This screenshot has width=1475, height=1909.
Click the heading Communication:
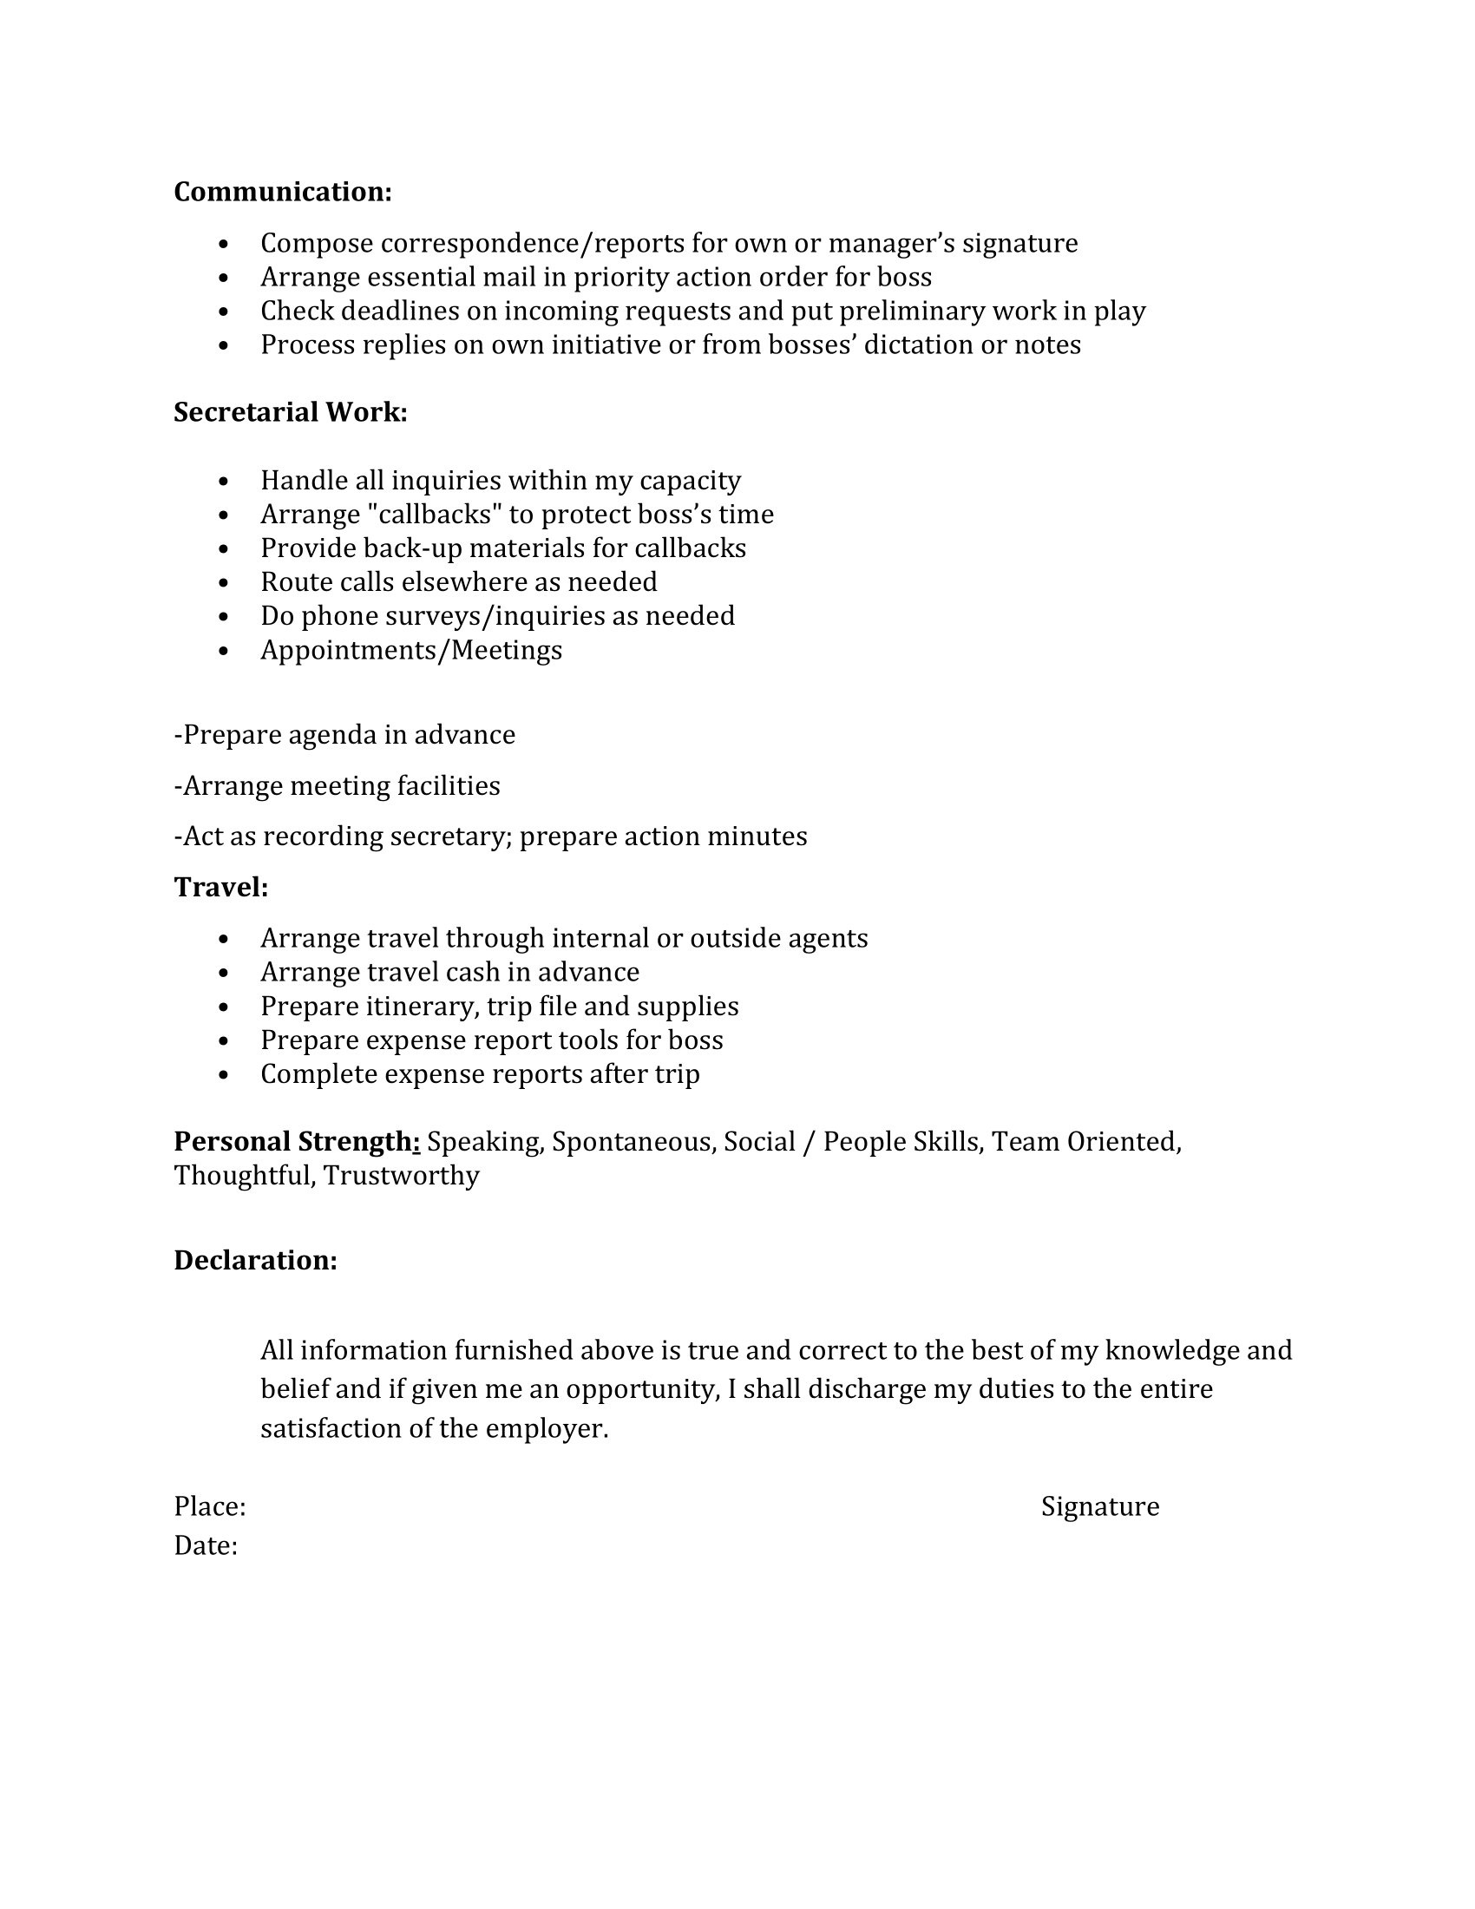click(282, 192)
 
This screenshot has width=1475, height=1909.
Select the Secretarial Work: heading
click(290, 411)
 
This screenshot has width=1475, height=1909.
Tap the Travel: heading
click(221, 887)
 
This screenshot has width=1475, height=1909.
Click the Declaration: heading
click(255, 1260)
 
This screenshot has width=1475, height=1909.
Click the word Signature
click(1099, 1506)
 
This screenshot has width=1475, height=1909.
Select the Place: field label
click(210, 1506)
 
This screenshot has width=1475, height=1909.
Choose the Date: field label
click(206, 1545)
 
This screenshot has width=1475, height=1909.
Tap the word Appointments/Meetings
click(410, 650)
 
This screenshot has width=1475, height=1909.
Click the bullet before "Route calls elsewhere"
click(225, 583)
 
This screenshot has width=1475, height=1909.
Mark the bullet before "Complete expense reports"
click(225, 1075)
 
